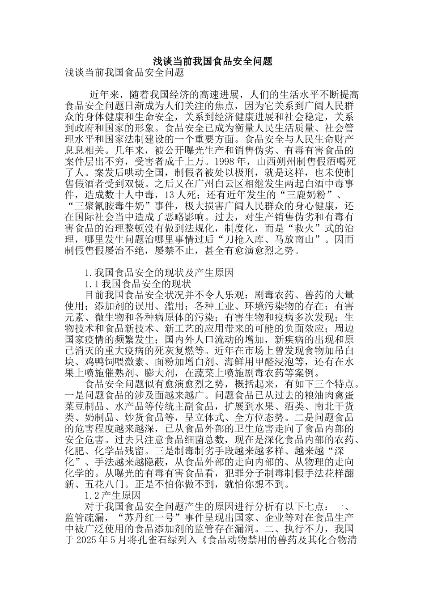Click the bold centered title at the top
tap(212, 61)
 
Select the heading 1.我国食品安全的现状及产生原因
tap(159, 273)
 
